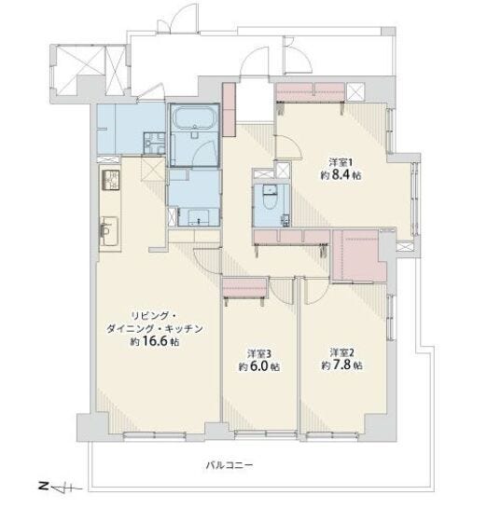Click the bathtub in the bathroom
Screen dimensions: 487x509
coord(194,117)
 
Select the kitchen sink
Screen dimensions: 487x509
coord(109,230)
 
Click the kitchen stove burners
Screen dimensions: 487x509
coord(111,180)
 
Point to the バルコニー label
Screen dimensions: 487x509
coord(230,466)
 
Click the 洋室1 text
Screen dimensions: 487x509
coord(341,161)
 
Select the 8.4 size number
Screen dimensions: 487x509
coord(341,175)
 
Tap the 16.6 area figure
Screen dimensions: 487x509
coord(155,341)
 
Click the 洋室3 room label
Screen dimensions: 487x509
coord(259,352)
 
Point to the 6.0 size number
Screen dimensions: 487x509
coord(259,366)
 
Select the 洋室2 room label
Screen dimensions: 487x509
coord(341,351)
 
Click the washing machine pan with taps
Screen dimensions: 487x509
coord(155,143)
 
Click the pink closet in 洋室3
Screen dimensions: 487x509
coord(245,288)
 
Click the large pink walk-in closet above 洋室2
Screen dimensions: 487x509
coord(359,255)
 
